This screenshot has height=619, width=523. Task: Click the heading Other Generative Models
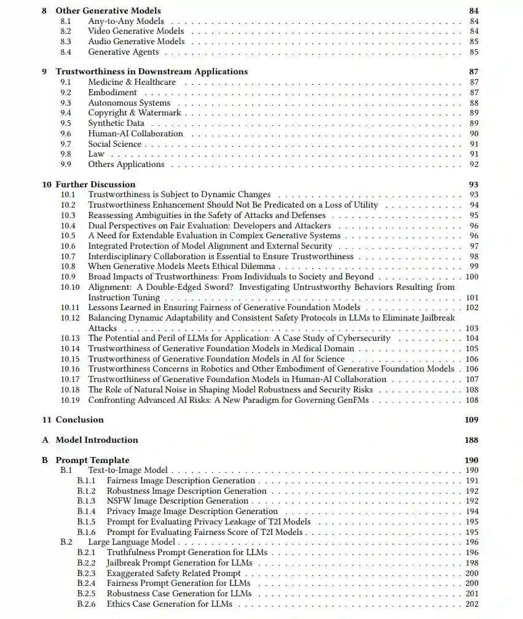click(x=108, y=10)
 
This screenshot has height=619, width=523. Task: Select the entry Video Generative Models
click(x=136, y=31)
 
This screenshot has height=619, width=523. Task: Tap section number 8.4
click(x=66, y=52)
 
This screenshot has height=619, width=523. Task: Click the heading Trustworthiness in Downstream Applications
click(x=151, y=71)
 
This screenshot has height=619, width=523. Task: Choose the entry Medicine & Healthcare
click(x=132, y=82)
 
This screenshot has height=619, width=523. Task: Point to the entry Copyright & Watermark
click(x=135, y=112)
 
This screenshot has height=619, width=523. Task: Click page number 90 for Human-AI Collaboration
click(x=474, y=133)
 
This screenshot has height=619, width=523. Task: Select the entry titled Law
click(x=96, y=154)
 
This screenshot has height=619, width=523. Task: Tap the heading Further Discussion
click(x=95, y=184)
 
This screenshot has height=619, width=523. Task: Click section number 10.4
click(x=68, y=225)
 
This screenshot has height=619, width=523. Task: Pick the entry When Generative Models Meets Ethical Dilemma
click(x=181, y=266)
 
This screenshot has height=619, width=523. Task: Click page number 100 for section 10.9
click(x=472, y=276)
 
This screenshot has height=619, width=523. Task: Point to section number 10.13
click(x=70, y=338)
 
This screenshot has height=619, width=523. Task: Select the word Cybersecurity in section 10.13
click(x=363, y=338)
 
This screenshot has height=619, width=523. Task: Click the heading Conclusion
click(x=79, y=419)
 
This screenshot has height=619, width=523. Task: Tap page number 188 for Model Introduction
click(x=471, y=440)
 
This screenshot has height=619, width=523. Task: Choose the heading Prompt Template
click(x=92, y=460)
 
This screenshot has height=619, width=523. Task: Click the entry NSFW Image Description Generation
click(x=177, y=500)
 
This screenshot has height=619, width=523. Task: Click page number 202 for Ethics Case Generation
click(x=471, y=604)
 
